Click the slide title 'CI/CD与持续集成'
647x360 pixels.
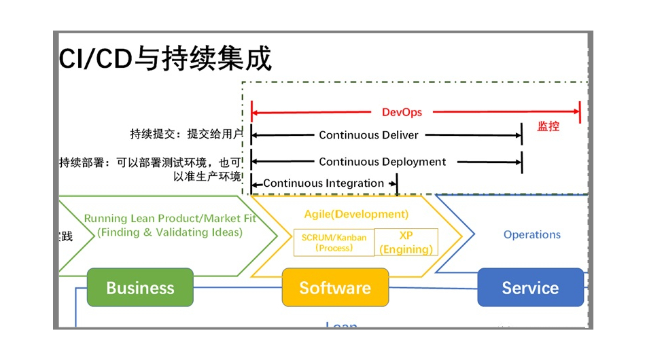click(166, 59)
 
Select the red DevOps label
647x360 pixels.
click(402, 112)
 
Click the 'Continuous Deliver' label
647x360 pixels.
click(368, 135)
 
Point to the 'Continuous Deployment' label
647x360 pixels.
click(382, 162)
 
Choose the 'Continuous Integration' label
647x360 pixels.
click(323, 183)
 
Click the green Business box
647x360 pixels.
click(140, 287)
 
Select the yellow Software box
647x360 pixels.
click(335, 287)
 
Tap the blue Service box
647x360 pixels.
click(530, 287)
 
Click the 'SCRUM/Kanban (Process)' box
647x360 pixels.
click(334, 242)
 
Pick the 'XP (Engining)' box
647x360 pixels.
click(406, 242)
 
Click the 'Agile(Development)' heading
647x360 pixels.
click(356, 215)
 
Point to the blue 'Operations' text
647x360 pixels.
click(531, 234)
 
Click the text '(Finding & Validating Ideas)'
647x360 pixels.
click(169, 232)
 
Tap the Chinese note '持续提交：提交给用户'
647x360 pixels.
click(186, 134)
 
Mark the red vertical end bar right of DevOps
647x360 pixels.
click(580, 112)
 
